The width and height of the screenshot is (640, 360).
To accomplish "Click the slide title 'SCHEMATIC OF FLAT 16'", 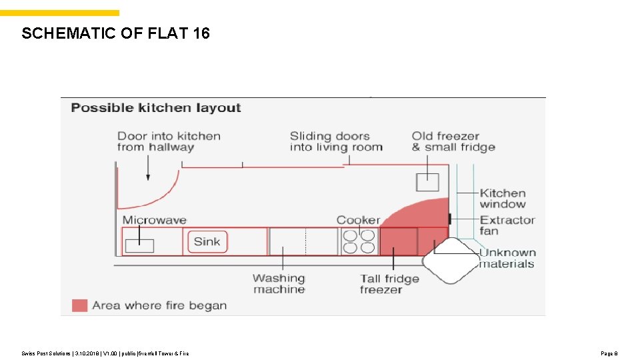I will click(115, 33).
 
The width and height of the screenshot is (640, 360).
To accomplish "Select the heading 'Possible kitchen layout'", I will click(156, 108).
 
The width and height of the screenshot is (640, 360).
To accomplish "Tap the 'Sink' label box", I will click(207, 242).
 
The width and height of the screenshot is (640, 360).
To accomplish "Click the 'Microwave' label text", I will click(155, 220).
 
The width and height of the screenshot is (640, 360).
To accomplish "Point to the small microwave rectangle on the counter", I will click(139, 245).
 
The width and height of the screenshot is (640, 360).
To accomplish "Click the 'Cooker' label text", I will click(358, 220).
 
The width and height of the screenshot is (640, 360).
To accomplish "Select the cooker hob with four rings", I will click(359, 241).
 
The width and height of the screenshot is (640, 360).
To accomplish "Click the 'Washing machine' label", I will click(279, 284).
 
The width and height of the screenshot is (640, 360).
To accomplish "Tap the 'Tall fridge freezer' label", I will click(390, 284).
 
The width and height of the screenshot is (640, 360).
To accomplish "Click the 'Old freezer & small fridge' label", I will click(453, 142).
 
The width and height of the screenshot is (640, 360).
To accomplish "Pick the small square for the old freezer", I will click(428, 182).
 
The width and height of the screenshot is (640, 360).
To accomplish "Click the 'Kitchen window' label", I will click(503, 199).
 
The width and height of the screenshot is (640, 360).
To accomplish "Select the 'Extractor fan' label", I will click(507, 225).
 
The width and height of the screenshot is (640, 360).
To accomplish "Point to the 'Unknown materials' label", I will click(507, 258).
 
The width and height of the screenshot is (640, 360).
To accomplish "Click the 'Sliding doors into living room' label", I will click(336, 142).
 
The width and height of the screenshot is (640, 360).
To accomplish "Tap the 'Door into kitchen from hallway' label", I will click(169, 142).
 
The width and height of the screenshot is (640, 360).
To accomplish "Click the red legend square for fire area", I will click(80, 305).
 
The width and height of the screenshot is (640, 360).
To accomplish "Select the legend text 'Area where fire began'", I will click(159, 305).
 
